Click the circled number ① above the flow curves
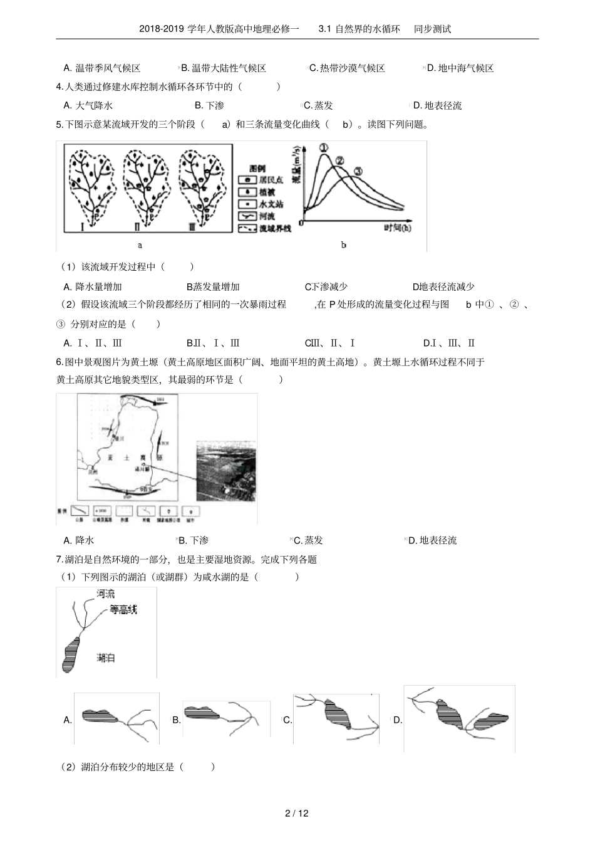tap(324, 148)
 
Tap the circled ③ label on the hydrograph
tap(358, 171)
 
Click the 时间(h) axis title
tap(397, 228)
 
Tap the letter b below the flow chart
tap(344, 245)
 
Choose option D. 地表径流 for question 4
tap(437, 105)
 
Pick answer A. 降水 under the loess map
tap(79, 540)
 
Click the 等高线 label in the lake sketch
tap(123, 609)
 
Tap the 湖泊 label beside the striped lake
tap(106, 657)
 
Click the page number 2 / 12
tap(297, 814)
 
